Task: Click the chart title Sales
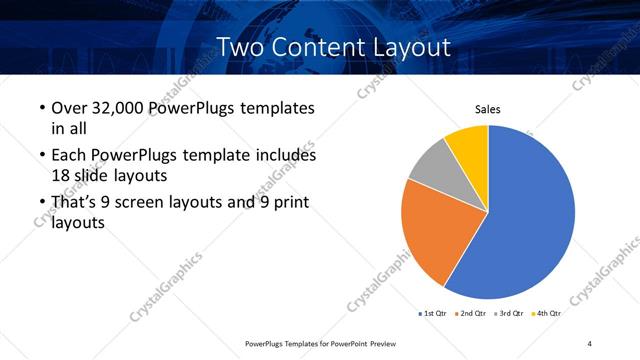[487, 109]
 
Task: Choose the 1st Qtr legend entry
[434, 313]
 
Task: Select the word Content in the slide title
[314, 46]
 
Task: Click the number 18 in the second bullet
[60, 174]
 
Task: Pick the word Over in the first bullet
[67, 108]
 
